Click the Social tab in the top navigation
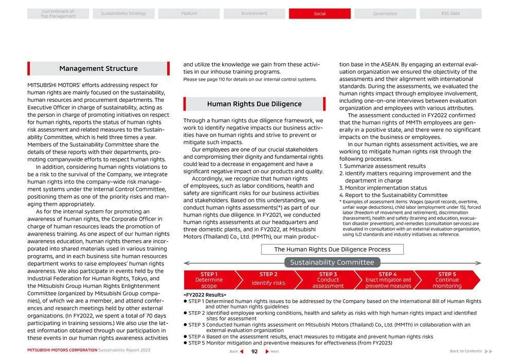[x=319, y=14]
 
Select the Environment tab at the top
[x=254, y=14]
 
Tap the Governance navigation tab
[x=385, y=14]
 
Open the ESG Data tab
[x=450, y=14]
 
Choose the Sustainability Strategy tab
[x=123, y=14]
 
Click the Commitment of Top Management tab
[x=58, y=14]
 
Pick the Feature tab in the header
[x=189, y=14]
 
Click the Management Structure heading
[x=98, y=68]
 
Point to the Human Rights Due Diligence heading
[x=254, y=104]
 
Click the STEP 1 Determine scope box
[x=208, y=280]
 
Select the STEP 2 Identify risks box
[x=268, y=280]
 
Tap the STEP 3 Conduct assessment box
[x=328, y=280]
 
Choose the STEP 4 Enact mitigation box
[x=388, y=280]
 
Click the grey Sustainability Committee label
[x=332, y=262]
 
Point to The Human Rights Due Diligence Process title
[x=332, y=249]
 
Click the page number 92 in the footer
[x=254, y=351]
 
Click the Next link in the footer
[x=273, y=351]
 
